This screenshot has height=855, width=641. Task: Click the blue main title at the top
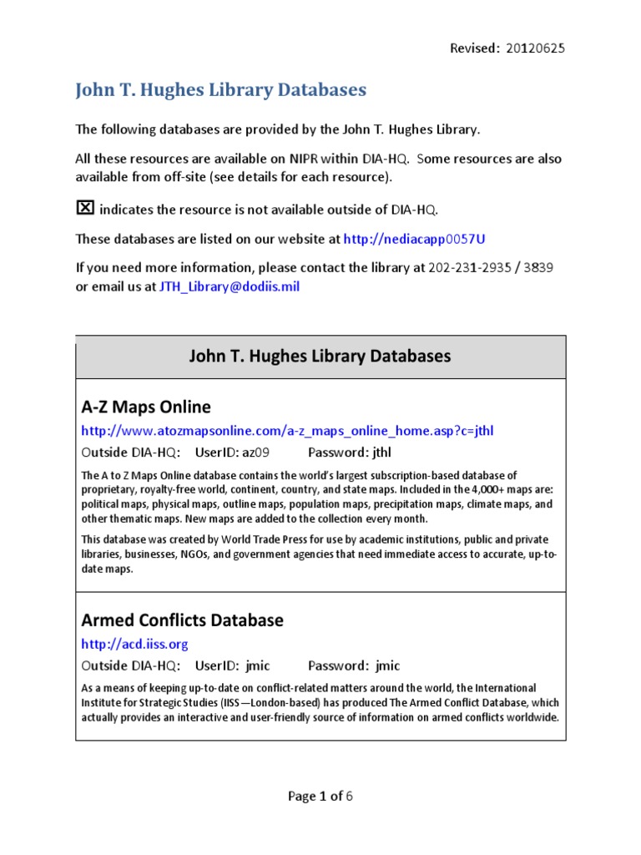click(221, 89)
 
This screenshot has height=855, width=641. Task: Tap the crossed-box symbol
click(85, 208)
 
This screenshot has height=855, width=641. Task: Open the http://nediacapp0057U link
click(414, 239)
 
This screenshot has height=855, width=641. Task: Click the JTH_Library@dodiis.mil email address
click(230, 286)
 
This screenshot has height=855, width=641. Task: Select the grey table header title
click(320, 357)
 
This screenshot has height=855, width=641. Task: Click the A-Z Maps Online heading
click(146, 407)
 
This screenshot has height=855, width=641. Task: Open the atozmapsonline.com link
click(293, 431)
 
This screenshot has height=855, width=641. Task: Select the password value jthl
click(382, 453)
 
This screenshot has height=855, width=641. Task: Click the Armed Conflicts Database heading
click(182, 620)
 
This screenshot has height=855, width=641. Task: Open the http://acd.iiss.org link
click(134, 644)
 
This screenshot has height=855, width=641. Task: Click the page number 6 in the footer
click(350, 796)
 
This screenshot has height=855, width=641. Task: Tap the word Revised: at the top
click(475, 48)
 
